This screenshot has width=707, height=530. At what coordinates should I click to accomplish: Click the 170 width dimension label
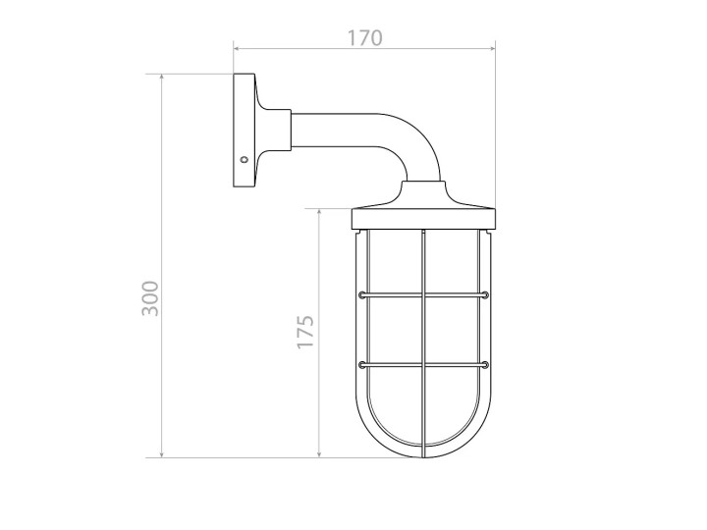364,38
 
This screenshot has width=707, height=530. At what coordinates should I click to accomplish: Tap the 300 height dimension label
150,298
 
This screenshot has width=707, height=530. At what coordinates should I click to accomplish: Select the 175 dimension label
305,332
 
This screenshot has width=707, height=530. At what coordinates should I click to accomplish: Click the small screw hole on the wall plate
244,160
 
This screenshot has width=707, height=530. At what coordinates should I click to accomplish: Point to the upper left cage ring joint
361,295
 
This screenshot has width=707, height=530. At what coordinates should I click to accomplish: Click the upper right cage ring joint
486,295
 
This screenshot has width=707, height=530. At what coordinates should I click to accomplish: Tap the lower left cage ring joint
361,364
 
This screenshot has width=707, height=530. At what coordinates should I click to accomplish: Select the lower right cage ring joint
486,364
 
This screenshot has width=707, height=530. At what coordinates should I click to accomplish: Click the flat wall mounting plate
244,131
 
